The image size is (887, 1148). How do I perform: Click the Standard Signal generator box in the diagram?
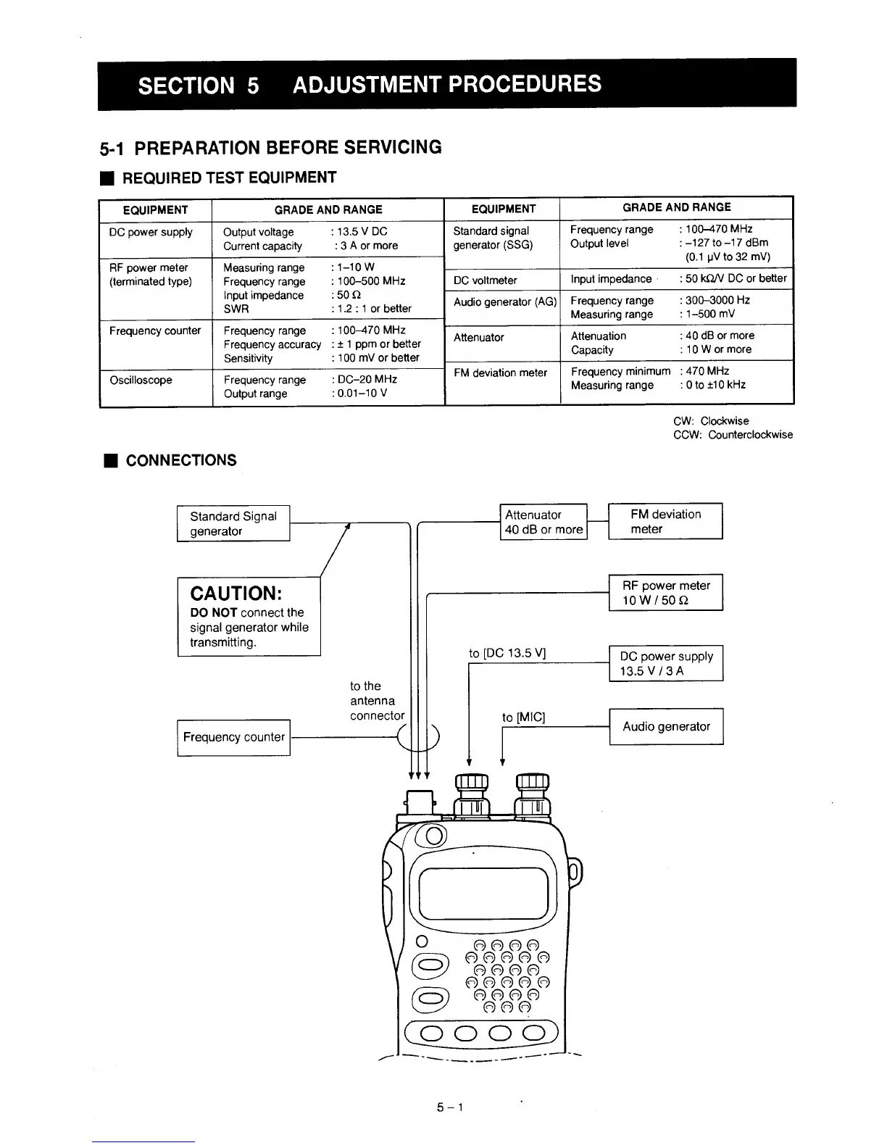(x=233, y=523)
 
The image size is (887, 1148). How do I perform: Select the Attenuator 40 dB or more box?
(x=544, y=522)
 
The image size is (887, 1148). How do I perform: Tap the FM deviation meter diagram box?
(x=665, y=521)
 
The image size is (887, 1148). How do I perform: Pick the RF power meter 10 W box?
(x=665, y=592)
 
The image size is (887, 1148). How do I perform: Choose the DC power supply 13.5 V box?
(x=665, y=663)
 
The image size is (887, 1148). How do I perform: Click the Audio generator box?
(x=665, y=726)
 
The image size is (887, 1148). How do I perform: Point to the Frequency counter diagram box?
(x=233, y=737)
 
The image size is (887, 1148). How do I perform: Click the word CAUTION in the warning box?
(x=236, y=593)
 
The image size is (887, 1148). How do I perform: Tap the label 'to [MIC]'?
(x=523, y=717)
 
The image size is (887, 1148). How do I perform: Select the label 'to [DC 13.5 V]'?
(x=507, y=653)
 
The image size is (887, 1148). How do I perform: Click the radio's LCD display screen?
(x=483, y=893)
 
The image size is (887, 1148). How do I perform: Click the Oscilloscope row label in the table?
(x=141, y=380)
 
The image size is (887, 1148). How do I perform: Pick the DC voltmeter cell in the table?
(x=485, y=280)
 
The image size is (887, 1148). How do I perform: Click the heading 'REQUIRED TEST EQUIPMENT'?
(x=229, y=178)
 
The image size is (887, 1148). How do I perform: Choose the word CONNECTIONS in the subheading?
(x=181, y=460)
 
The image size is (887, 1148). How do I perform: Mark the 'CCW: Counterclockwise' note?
(x=733, y=435)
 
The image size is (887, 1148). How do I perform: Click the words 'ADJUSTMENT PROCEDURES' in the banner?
(x=447, y=84)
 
